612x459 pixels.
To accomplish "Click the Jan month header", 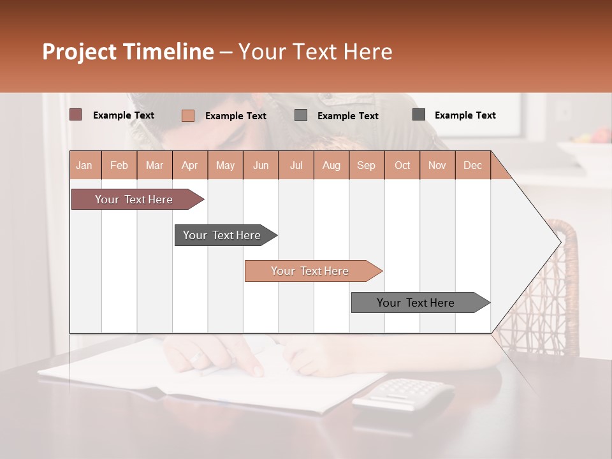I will [84, 165].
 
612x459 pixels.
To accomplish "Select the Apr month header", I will [189, 165].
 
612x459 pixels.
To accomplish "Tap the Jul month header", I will [296, 165].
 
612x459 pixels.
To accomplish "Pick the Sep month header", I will [366, 165].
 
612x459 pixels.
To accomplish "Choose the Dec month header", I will [472, 165].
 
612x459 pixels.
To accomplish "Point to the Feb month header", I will [119, 165].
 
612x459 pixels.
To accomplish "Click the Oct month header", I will [402, 165].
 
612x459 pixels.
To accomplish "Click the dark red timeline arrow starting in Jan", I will [134, 200].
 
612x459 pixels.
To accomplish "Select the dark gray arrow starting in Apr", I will [222, 235].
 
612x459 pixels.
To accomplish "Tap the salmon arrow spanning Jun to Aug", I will [310, 271].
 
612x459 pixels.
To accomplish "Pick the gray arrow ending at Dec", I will [416, 303].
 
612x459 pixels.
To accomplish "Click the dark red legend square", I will [75, 115].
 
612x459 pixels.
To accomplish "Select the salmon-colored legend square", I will [187, 115].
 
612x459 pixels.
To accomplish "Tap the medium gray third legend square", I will [301, 115].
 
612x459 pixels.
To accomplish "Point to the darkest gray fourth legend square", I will [419, 115].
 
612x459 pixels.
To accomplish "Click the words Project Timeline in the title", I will [127, 52].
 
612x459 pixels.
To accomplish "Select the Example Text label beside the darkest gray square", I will [465, 115].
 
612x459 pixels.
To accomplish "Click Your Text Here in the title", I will [315, 52].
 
